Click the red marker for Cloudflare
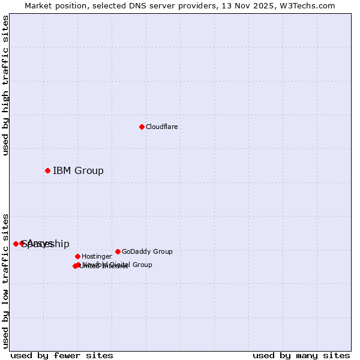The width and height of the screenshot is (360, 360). point(142,127)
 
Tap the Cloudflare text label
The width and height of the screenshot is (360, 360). point(162,127)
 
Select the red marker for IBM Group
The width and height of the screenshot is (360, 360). point(47,170)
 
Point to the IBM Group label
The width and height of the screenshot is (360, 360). point(78,170)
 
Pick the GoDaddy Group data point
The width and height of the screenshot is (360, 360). point(118,251)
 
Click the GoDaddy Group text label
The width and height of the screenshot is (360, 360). point(147,251)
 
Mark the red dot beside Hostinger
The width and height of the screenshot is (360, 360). point(77,256)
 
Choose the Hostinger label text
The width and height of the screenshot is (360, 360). point(97,256)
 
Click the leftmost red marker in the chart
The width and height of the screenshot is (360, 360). point(16,244)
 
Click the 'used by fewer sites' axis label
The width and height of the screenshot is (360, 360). point(62,355)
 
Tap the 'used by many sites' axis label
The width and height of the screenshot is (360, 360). point(301,355)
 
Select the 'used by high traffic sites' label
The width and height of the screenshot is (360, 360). point(6,86)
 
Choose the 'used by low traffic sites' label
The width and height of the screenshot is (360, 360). point(6,281)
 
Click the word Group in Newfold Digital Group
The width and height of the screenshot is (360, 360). point(142,265)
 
